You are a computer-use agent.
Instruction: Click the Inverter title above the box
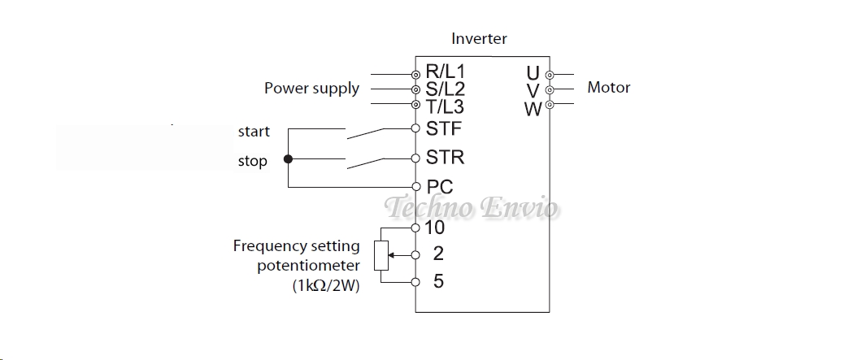[x=479, y=39]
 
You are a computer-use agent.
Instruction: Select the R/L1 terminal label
[x=445, y=73]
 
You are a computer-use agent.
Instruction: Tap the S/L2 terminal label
[x=445, y=89]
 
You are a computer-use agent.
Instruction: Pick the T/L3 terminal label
[x=445, y=106]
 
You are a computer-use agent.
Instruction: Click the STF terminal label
[x=443, y=128]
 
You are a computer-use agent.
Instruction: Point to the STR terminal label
[x=445, y=158]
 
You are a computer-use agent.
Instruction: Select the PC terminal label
[x=440, y=187]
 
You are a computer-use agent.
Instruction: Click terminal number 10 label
[x=435, y=228]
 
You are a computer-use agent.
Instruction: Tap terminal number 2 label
[x=438, y=254]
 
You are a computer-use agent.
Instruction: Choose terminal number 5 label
[x=438, y=282]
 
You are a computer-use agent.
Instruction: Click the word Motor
[x=608, y=88]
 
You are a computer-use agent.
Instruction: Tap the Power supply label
[x=311, y=89]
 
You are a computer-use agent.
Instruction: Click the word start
[x=254, y=132]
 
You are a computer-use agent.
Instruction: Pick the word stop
[x=252, y=161]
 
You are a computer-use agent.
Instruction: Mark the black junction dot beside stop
[x=287, y=159]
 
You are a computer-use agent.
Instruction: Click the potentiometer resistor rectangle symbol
[x=380, y=255]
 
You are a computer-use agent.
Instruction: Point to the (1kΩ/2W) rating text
[x=325, y=286]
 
